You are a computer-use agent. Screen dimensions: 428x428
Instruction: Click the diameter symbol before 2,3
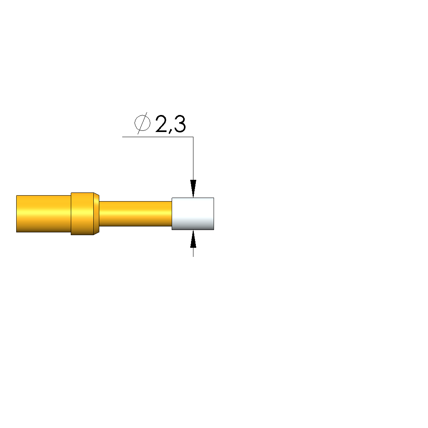[x=142, y=123]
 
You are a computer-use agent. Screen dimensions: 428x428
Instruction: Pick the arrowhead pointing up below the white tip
[x=193, y=239]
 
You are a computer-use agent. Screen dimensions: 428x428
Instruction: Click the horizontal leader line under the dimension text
[x=157, y=137]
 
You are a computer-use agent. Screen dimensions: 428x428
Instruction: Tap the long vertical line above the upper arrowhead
[x=193, y=158]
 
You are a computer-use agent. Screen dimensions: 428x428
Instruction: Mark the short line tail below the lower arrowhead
[x=193, y=252]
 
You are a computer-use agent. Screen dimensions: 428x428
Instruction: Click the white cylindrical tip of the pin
[x=193, y=214]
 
